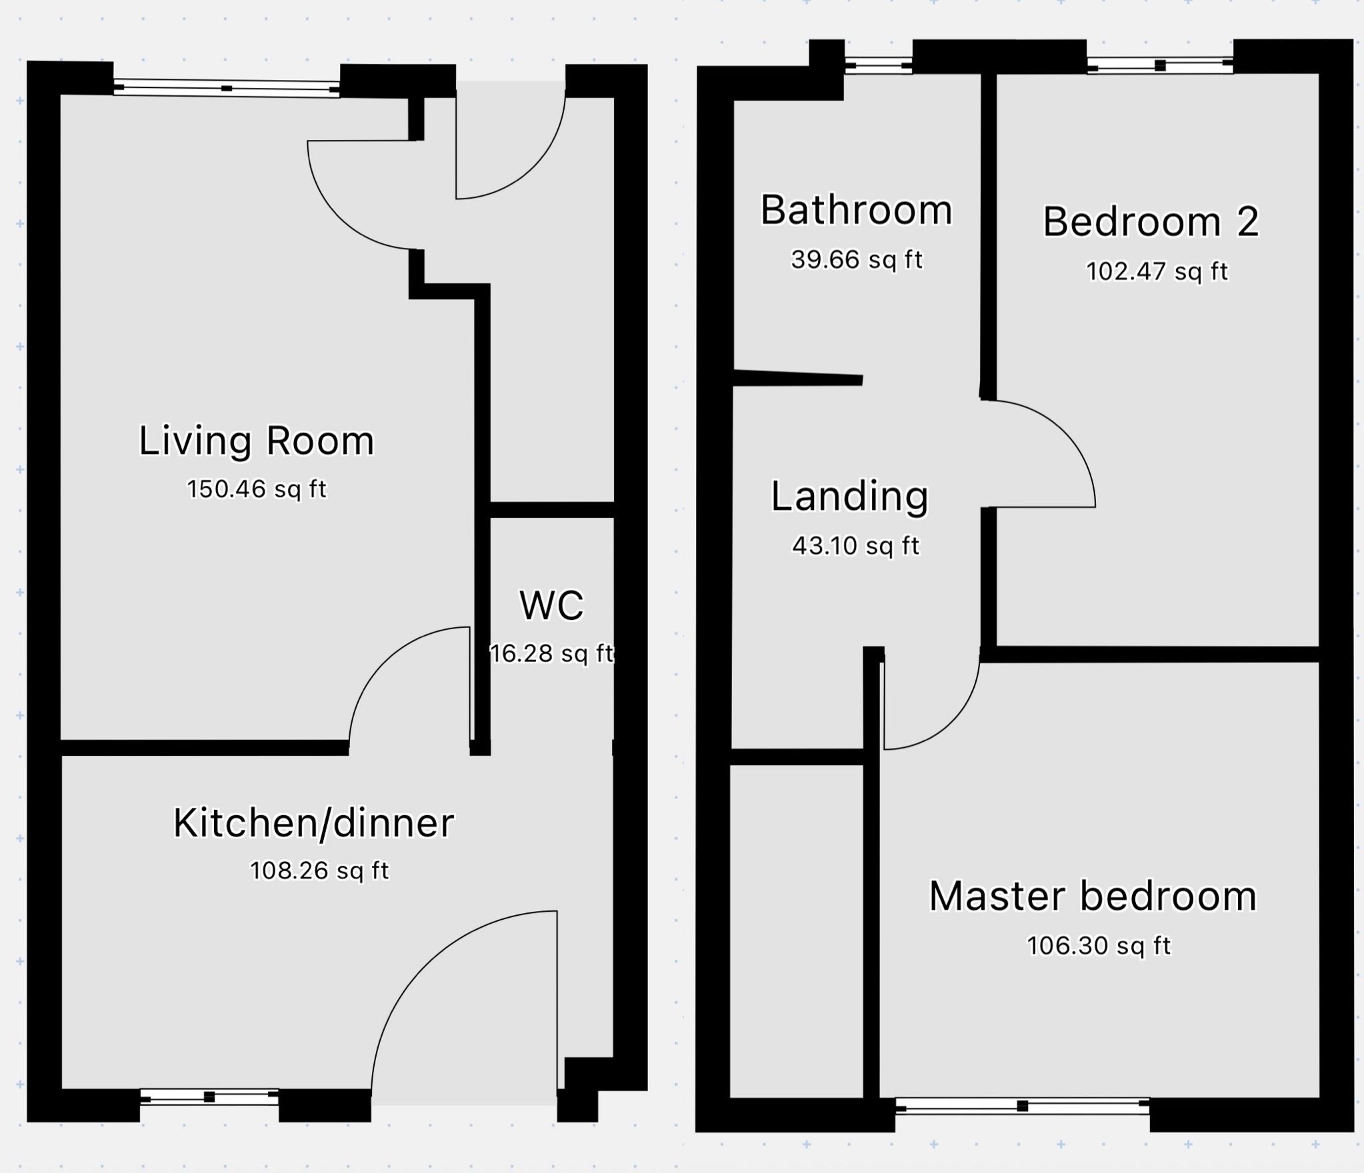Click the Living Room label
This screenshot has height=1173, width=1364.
(x=257, y=441)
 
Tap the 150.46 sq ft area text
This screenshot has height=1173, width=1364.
(x=257, y=489)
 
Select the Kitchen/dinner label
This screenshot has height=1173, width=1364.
(x=313, y=822)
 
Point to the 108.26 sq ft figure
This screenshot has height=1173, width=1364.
(x=319, y=870)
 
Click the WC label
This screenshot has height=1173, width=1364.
(x=551, y=605)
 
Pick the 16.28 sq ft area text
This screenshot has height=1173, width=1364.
(x=551, y=653)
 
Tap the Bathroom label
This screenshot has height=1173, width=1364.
(x=857, y=210)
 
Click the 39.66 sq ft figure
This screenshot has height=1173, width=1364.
(x=857, y=259)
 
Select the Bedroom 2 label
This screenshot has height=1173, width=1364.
(x=1151, y=221)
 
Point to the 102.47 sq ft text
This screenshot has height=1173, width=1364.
(x=1157, y=271)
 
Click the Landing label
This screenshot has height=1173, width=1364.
(x=850, y=497)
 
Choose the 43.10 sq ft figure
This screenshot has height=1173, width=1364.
(x=856, y=546)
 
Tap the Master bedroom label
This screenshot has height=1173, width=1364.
(x=1093, y=896)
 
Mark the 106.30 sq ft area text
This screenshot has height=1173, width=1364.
(x=1099, y=946)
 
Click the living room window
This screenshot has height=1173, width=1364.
(x=227, y=89)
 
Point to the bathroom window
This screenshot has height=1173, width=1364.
(x=879, y=65)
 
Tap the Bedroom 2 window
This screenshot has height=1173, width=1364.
(x=1160, y=65)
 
